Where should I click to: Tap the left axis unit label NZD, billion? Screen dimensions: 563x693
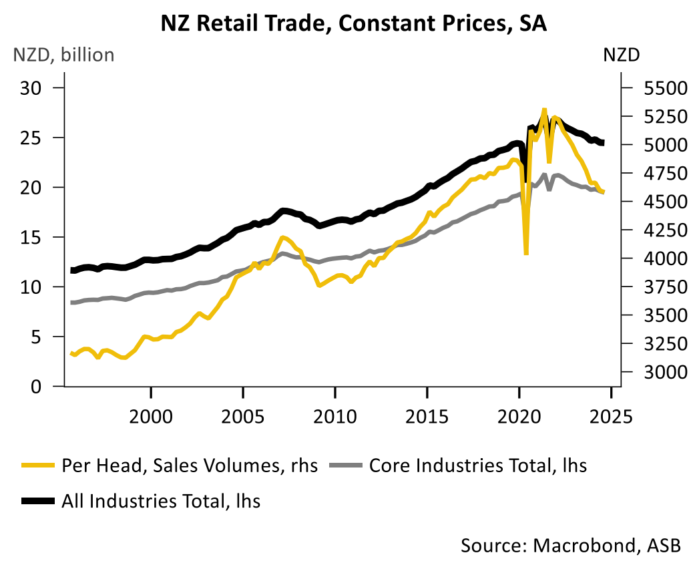63,55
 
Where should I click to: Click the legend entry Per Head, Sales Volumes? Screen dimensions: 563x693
190,465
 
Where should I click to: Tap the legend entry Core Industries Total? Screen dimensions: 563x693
477,465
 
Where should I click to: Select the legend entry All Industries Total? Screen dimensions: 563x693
161,500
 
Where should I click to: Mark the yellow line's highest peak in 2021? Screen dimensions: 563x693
544,110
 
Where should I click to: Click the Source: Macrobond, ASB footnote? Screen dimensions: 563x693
571,544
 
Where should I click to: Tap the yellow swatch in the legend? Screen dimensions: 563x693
37,465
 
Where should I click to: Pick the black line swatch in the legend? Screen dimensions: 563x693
37,500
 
